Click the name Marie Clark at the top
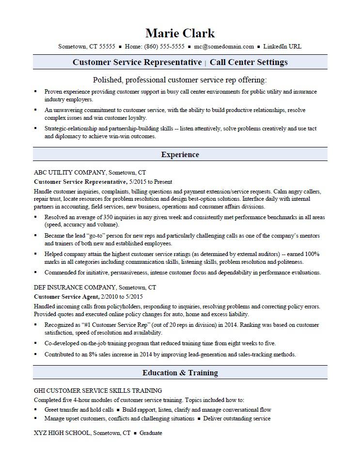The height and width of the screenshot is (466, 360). [180, 33]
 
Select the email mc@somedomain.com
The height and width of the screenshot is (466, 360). [224, 47]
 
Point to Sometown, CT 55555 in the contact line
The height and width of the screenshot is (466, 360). [87, 47]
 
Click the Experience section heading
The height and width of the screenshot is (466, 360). [180, 155]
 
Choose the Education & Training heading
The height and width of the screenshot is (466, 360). [180, 373]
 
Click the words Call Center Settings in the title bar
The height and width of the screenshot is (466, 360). [249, 62]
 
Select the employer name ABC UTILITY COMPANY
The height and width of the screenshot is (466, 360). [70, 172]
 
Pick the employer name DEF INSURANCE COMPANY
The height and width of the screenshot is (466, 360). [75, 287]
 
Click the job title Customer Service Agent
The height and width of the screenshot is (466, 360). [66, 296]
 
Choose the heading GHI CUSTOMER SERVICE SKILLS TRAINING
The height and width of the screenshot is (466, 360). [98, 390]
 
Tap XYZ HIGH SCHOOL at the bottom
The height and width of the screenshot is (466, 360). [62, 433]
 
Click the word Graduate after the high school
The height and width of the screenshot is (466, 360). [151, 433]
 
